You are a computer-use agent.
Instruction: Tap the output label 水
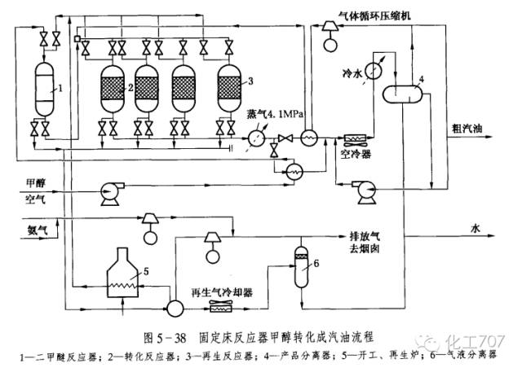point(474,229)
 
